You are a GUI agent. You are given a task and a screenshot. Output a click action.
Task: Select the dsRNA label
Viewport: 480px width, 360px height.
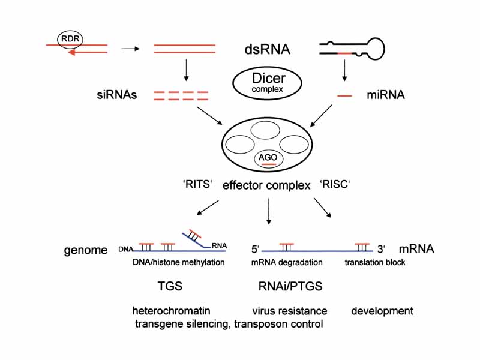pos(267,49)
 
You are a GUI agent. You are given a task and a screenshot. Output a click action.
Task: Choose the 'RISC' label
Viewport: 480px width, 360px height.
pos(335,185)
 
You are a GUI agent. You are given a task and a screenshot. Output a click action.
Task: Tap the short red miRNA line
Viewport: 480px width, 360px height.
pos(344,95)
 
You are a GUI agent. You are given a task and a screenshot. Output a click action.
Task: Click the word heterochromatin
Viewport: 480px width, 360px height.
pos(171,311)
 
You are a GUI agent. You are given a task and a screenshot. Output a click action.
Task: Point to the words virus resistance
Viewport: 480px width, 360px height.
pos(290,311)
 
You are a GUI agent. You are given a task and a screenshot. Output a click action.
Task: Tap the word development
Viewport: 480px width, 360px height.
pos(382,311)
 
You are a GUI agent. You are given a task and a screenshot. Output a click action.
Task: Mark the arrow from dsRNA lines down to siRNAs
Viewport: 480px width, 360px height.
pos(185,71)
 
